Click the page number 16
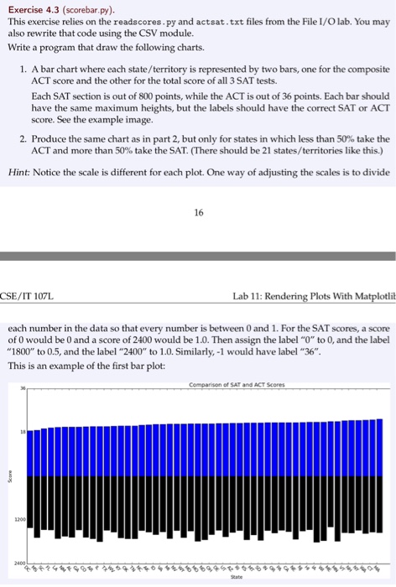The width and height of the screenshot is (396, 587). tap(198, 213)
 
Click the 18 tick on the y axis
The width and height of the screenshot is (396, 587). tap(24, 434)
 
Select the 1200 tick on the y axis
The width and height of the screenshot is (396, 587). tap(21, 519)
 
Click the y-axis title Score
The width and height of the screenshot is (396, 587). tap(9, 474)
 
